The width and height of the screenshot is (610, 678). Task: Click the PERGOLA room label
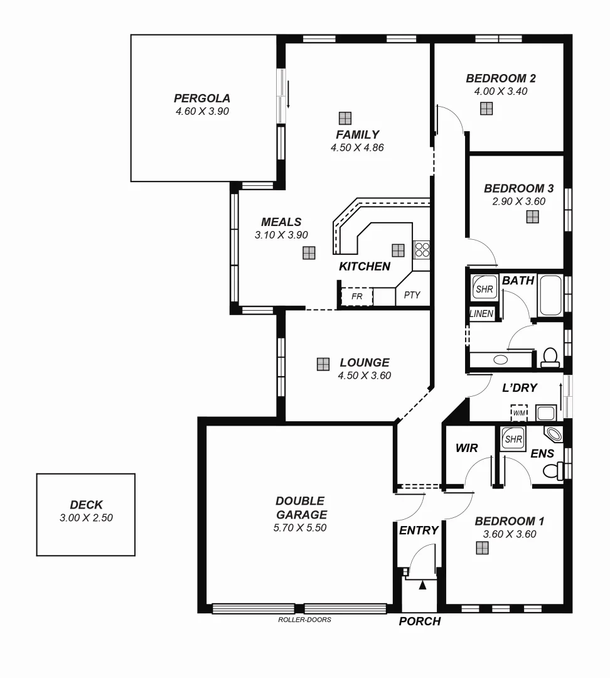click(201, 99)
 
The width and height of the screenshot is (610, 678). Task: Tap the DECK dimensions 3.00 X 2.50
click(86, 518)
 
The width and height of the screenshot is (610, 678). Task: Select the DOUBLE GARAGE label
click(300, 508)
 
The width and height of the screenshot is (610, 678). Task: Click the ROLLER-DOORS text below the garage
click(304, 620)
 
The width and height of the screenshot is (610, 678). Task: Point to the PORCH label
click(420, 621)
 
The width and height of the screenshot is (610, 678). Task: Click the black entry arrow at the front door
click(422, 585)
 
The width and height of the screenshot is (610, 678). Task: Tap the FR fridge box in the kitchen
click(356, 296)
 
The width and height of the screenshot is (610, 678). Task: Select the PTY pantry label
click(412, 295)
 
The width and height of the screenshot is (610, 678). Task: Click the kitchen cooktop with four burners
click(421, 250)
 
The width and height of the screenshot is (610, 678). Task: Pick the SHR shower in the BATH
click(484, 289)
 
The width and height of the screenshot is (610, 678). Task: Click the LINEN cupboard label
click(481, 313)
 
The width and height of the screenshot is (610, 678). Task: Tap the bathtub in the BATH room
click(552, 295)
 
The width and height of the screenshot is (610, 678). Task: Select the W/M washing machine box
click(519, 412)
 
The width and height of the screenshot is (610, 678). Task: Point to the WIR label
click(466, 448)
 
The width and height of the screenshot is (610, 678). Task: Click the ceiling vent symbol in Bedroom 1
click(482, 548)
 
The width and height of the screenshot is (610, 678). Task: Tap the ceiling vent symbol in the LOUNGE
click(323, 364)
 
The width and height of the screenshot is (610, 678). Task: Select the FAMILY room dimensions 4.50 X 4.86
click(356, 148)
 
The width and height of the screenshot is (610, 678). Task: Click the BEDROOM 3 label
click(518, 188)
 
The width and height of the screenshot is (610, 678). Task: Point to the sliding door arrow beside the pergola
click(288, 94)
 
